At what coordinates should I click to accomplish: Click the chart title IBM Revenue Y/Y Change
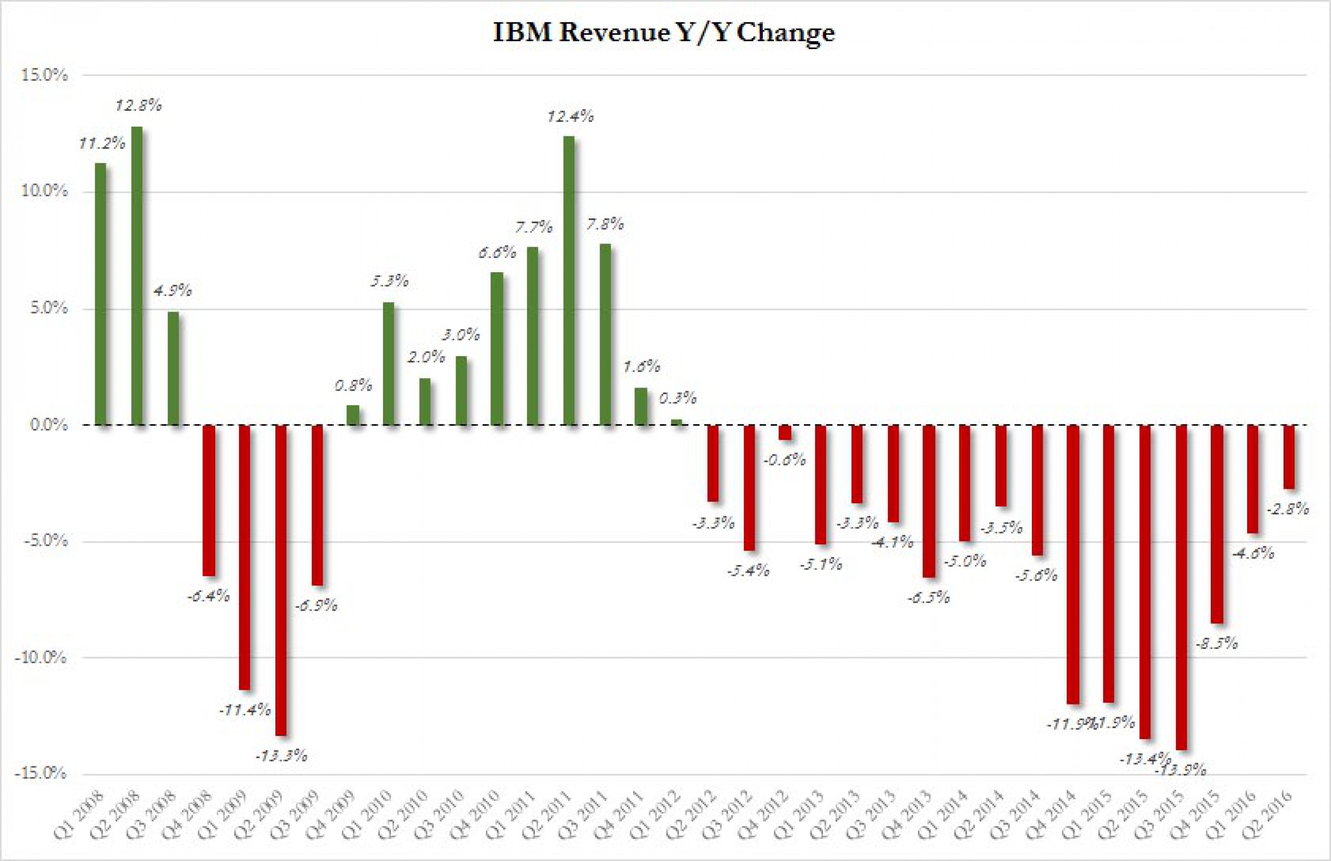664,32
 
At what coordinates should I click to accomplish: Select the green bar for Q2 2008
136,276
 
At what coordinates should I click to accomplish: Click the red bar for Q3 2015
1181,587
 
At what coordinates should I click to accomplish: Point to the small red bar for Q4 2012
784,432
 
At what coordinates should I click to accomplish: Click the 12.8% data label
138,105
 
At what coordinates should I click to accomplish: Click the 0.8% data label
353,385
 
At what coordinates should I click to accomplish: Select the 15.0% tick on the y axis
44,75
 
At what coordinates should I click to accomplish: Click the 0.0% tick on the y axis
48,425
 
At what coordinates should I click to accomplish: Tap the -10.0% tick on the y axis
41,658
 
